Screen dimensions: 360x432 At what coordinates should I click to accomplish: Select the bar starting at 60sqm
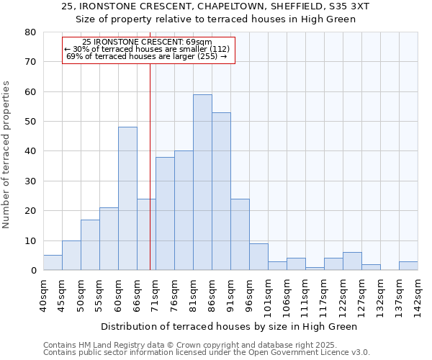[x=127, y=199]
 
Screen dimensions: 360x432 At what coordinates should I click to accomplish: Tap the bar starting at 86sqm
[x=221, y=192]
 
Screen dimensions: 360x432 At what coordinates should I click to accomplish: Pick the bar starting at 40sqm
[x=53, y=263]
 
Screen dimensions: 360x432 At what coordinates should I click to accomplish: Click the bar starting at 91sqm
[x=240, y=235]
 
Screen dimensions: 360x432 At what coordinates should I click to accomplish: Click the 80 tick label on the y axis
[x=30, y=32]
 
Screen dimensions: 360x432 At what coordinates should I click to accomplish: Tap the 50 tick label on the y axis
[x=30, y=122]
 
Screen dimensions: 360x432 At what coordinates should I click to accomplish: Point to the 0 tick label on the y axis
[x=33, y=271]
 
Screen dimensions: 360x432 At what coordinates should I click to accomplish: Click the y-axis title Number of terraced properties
[x=7, y=154]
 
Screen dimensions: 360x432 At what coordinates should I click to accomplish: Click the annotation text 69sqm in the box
[x=197, y=42]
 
